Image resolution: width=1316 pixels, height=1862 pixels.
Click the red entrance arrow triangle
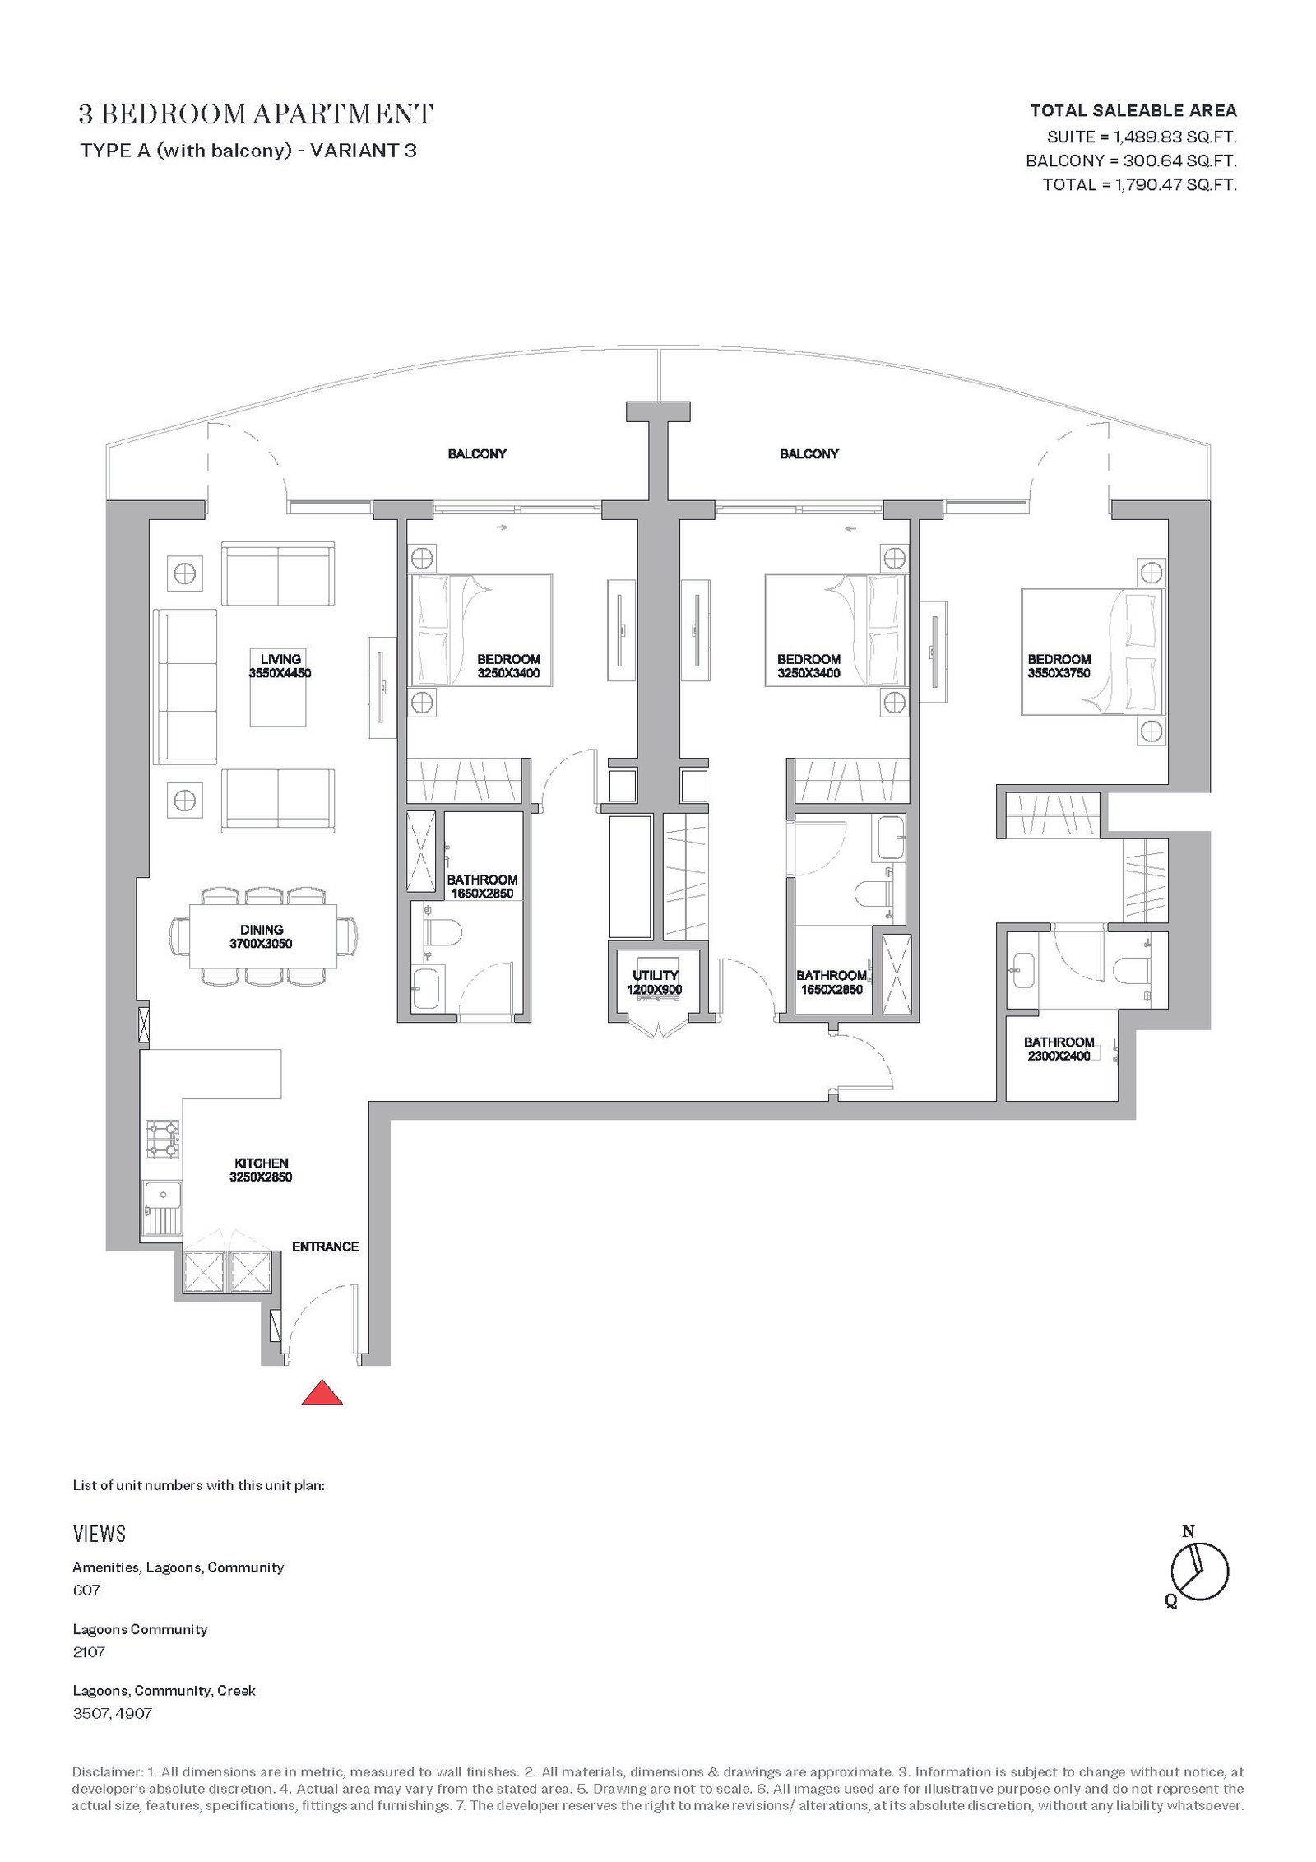point(322,1393)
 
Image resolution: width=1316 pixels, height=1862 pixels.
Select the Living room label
point(281,666)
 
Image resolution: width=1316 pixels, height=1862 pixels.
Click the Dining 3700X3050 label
point(262,936)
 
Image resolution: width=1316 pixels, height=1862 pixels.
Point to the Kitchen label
point(262,1169)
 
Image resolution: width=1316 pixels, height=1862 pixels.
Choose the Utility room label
point(655,982)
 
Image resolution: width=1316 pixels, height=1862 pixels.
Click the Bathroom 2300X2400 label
point(1059,1048)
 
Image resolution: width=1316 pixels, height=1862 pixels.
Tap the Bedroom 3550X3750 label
point(1059,666)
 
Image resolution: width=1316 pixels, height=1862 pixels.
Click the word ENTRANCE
point(326,1247)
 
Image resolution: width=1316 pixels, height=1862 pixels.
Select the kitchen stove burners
point(162,1140)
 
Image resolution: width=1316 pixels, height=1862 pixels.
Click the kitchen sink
point(162,1206)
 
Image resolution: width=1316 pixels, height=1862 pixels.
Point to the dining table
point(263,936)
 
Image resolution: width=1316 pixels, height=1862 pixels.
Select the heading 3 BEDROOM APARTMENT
point(256,114)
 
